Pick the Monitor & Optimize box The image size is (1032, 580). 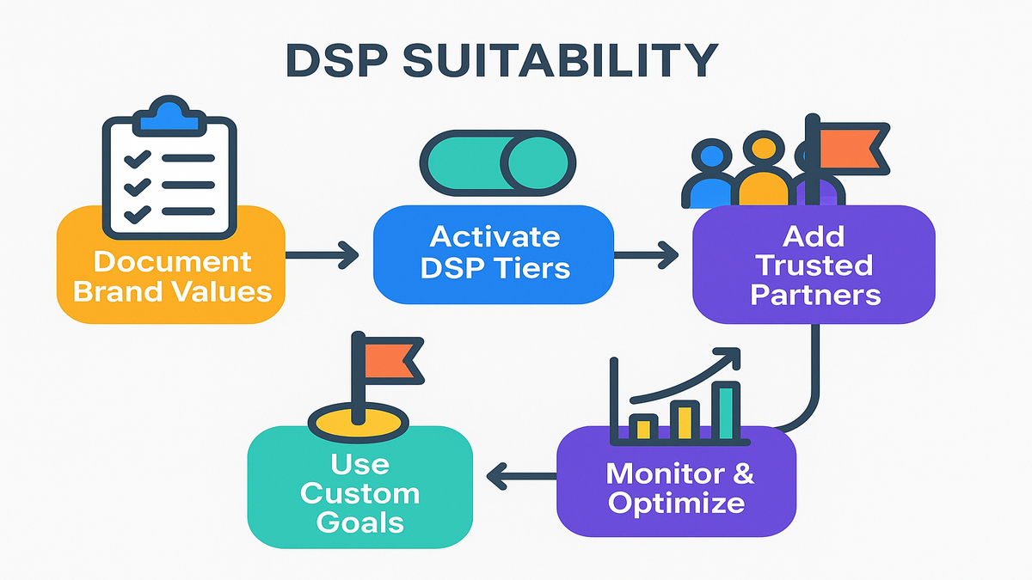pos(675,486)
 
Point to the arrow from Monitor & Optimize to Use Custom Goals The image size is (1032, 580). pos(519,474)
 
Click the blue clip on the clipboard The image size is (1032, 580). pos(169,115)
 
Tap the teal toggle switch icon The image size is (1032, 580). pos(498,163)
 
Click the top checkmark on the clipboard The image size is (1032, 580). pos(138,158)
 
